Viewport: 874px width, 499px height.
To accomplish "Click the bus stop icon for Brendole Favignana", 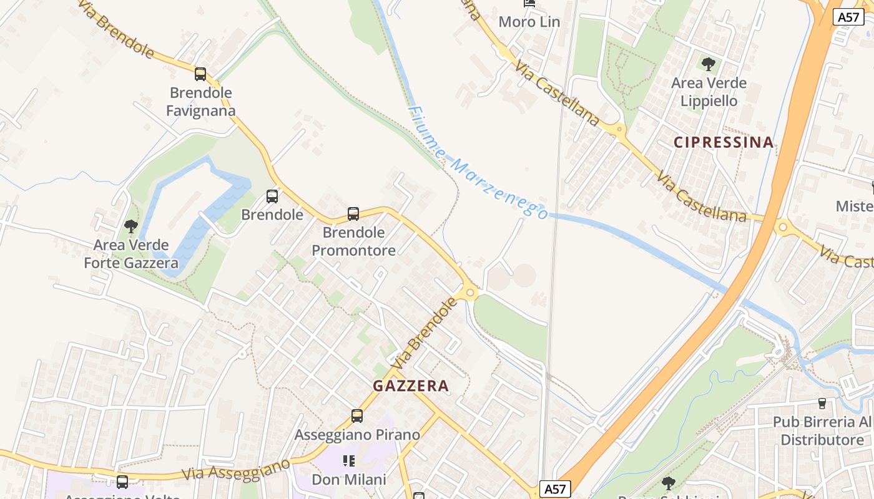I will click(x=200, y=74).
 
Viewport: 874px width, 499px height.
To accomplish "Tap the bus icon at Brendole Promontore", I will click(x=353, y=214).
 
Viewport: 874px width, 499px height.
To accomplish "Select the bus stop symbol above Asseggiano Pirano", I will click(x=357, y=416).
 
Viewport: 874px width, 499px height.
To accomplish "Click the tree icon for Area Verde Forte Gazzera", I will click(x=131, y=226).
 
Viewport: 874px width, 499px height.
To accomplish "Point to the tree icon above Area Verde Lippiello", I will click(x=709, y=64).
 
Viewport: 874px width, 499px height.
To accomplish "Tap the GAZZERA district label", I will click(x=411, y=386).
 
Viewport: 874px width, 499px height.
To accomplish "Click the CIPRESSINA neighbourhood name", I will click(x=724, y=142).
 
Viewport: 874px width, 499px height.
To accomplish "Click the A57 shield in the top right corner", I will click(x=848, y=17).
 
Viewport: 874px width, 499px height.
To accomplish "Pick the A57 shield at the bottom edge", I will click(x=555, y=489).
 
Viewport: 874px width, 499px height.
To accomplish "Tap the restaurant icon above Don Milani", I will click(x=349, y=461).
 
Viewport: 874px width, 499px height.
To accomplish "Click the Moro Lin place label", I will click(x=529, y=22).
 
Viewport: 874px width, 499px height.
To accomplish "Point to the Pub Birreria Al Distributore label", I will click(x=822, y=431).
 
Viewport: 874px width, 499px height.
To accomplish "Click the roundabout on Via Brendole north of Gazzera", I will click(x=471, y=291).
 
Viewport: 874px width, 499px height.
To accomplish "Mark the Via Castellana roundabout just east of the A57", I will click(x=783, y=226).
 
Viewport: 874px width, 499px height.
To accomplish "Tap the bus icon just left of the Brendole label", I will click(x=272, y=196).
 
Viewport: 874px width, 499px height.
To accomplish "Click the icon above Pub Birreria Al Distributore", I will click(x=822, y=404).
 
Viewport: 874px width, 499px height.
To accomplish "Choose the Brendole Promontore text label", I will click(x=353, y=241).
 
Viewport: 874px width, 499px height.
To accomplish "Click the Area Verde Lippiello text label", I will click(x=709, y=92).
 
